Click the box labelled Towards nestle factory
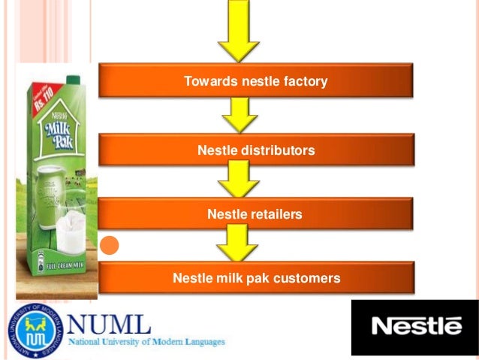[255, 80]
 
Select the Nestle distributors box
[255, 150]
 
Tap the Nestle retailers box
[255, 214]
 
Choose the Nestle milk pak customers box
[255, 278]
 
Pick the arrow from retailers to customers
[237, 245]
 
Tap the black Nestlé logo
[415, 326]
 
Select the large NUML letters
[109, 324]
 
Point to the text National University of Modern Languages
[146, 342]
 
